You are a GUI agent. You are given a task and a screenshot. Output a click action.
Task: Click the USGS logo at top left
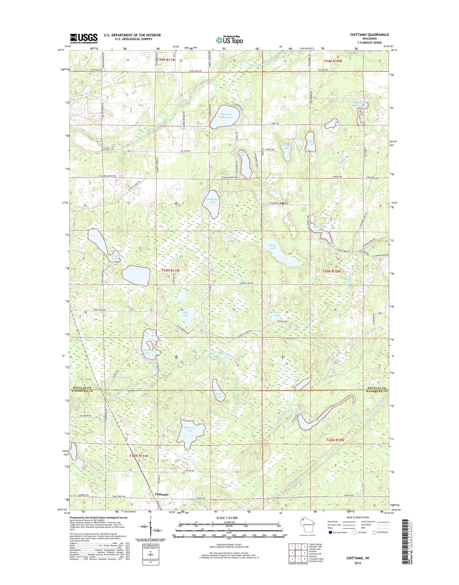pyautogui.click(x=84, y=38)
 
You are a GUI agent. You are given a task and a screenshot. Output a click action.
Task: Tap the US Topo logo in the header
pyautogui.click(x=229, y=40)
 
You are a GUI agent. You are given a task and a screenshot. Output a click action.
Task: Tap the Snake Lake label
pyautogui.click(x=272, y=246)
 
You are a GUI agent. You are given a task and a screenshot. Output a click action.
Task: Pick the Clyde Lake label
pyautogui.click(x=185, y=314)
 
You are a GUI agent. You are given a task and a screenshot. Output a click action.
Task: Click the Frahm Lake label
pyautogui.click(x=147, y=351)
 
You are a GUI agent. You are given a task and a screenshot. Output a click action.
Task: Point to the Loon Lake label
pyautogui.click(x=219, y=395)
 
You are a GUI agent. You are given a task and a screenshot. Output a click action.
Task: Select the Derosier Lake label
pyautogui.click(x=189, y=429)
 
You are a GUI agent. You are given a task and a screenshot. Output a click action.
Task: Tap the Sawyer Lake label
pyautogui.click(x=277, y=314)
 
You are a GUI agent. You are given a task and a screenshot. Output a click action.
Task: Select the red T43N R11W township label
pyautogui.click(x=170, y=271)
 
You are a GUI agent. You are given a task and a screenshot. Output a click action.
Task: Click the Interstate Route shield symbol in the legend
pyautogui.click(x=329, y=532)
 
